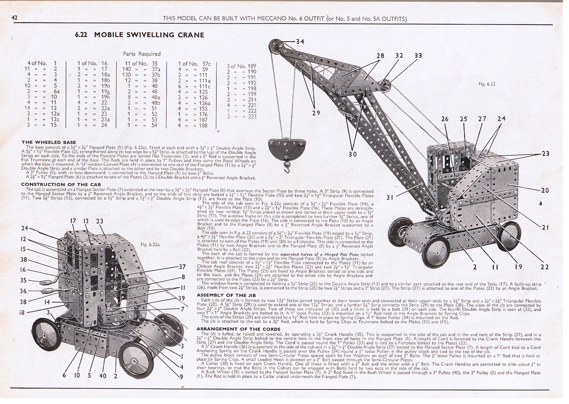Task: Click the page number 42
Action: coord(14,17)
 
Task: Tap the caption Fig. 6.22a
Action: coord(150,245)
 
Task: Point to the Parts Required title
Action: coord(142,54)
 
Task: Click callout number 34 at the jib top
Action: coord(300,41)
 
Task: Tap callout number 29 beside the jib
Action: coord(316,113)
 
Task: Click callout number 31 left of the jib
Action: coord(390,197)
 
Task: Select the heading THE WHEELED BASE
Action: coord(49,142)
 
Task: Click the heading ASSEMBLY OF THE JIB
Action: coord(226,295)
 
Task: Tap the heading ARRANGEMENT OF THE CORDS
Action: coord(238,329)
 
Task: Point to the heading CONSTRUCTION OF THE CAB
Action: coord(61,184)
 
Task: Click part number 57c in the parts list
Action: coord(206,63)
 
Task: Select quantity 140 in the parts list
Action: coord(126,69)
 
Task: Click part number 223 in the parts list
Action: coord(252,116)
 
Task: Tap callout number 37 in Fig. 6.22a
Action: coord(182,267)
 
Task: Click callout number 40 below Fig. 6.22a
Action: coord(103,376)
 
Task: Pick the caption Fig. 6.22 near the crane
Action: coord(487,84)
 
